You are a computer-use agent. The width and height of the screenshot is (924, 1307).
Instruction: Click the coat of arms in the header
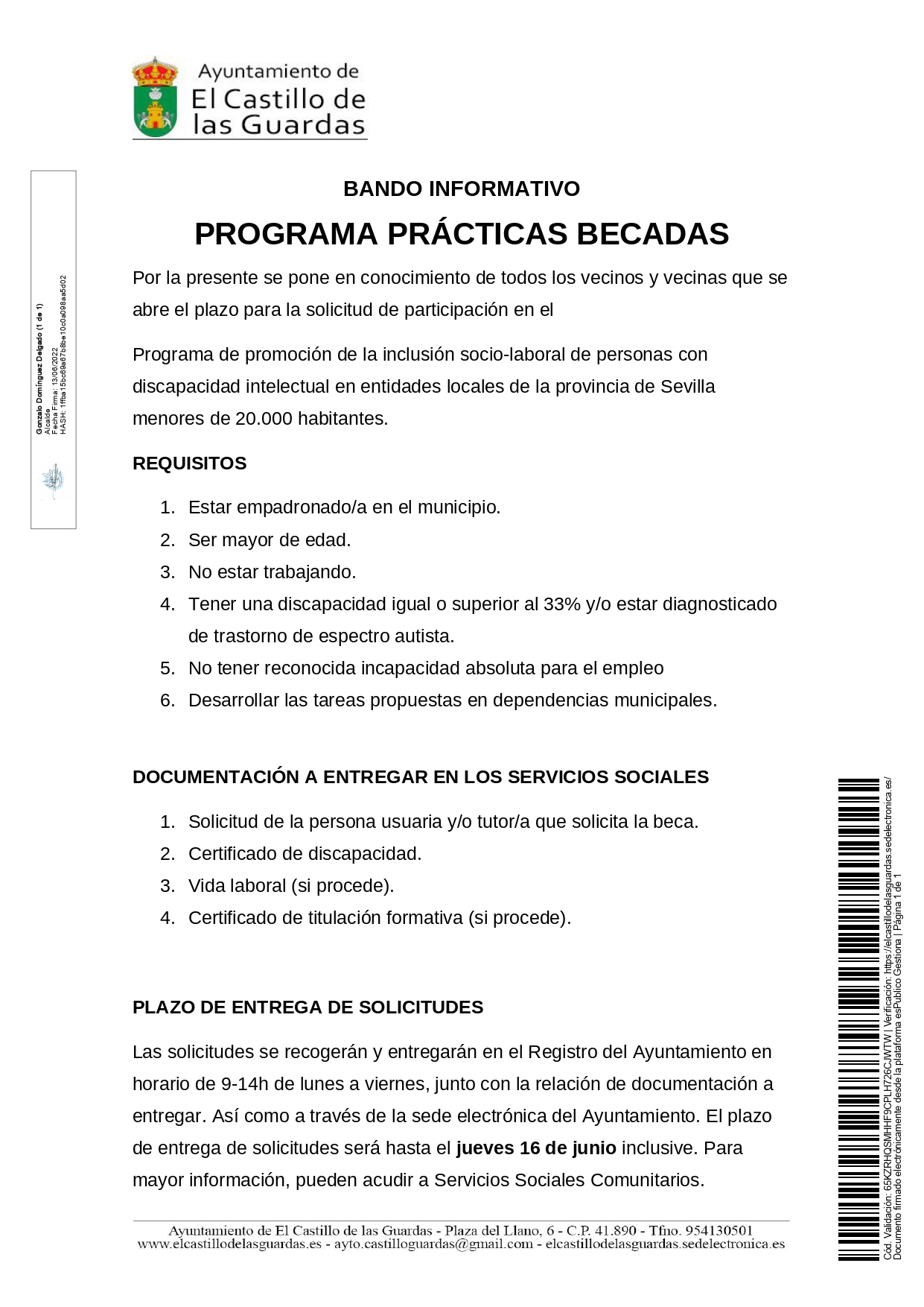point(155,98)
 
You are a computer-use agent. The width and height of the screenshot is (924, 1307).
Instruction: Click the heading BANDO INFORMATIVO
point(462,189)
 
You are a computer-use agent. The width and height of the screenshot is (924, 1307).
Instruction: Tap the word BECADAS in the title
point(652,234)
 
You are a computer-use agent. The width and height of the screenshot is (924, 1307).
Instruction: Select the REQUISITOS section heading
point(189,463)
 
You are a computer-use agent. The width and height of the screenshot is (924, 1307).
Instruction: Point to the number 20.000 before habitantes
point(264,419)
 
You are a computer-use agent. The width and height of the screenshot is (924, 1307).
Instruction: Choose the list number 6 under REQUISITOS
point(168,700)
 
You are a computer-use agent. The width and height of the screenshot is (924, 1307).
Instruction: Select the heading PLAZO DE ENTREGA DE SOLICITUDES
point(308,1007)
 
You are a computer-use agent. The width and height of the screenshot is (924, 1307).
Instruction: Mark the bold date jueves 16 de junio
point(536,1148)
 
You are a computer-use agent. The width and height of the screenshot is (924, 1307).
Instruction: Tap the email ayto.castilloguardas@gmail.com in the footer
point(433,1244)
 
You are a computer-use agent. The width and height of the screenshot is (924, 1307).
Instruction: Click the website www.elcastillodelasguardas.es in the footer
point(229,1244)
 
